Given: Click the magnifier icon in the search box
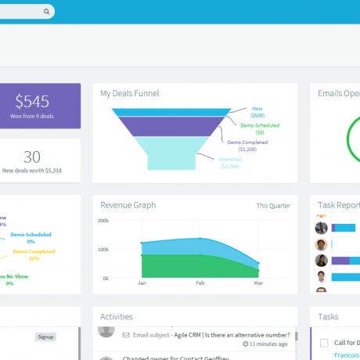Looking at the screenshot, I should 47,12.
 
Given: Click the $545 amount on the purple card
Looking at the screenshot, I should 32,102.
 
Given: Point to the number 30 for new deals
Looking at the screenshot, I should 32,157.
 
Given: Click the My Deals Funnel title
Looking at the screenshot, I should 129,93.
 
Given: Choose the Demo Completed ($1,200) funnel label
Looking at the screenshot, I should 247,146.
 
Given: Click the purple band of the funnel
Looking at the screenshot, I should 168,126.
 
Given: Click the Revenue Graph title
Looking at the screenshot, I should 128,205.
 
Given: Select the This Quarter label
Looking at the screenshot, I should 273,206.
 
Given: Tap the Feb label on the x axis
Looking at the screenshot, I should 200,284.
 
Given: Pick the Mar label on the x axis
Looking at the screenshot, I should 258,284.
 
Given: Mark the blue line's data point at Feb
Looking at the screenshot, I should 200,239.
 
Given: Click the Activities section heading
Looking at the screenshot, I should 117,317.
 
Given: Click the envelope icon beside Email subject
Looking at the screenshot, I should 126,333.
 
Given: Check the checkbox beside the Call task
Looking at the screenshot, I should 323,343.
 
